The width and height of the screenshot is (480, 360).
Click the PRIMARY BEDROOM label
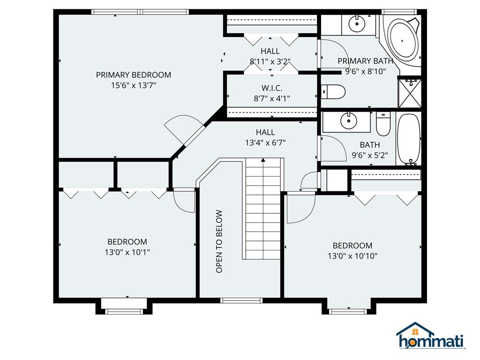coord(134,75)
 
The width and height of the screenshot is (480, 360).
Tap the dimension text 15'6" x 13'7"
coord(134,85)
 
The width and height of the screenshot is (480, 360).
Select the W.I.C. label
coord(272,88)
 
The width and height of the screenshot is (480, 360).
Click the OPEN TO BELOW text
coord(219,241)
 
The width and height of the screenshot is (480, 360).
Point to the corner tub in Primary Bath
coord(402,39)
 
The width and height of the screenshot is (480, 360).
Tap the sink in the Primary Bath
coord(357,23)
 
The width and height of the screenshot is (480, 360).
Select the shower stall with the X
coord(410,93)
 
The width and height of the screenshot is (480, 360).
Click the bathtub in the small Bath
coord(409,139)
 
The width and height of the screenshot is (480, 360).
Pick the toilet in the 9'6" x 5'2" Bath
coord(383,124)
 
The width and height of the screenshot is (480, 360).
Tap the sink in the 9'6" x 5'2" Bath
coord(349,120)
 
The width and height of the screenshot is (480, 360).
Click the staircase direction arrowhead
coord(263,159)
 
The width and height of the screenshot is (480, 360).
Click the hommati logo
coord(431,336)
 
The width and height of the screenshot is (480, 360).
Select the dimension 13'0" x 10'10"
coord(352,256)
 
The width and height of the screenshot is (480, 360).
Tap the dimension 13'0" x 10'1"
coord(127,252)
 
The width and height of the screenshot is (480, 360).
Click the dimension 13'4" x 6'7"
coord(265,142)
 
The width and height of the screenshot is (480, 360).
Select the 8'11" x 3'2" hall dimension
coord(270,61)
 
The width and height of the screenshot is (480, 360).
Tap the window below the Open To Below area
coord(241,300)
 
